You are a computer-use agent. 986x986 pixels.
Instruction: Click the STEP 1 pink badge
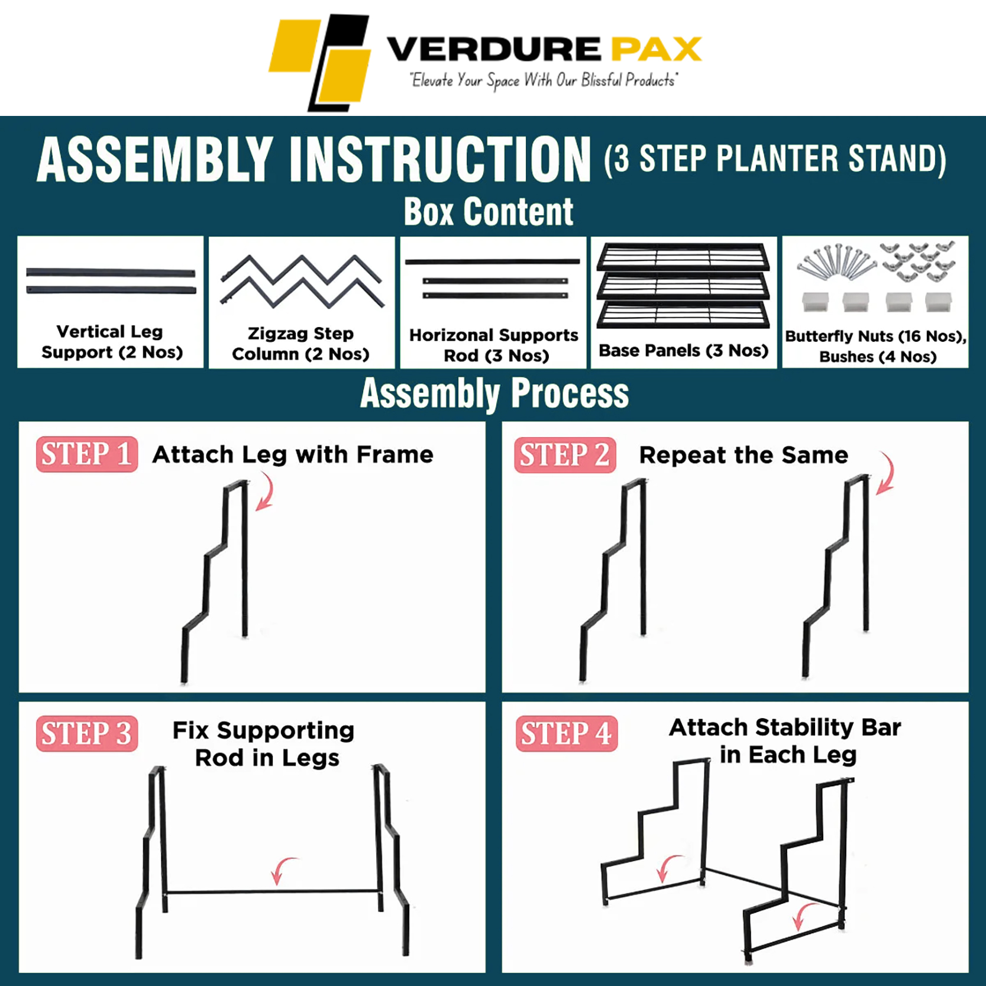(86, 454)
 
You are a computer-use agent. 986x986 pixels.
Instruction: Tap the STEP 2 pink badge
(565, 455)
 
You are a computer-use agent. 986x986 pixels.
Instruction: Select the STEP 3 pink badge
(86, 733)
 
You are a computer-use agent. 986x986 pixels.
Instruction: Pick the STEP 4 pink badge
(566, 733)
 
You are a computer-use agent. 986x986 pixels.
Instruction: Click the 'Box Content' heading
(489, 212)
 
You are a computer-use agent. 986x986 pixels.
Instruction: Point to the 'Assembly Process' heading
(494, 393)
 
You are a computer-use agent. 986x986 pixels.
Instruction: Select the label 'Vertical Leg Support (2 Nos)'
(111, 342)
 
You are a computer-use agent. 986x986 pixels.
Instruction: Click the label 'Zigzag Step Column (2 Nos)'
(300, 344)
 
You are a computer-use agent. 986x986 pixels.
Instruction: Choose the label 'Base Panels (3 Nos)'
(683, 350)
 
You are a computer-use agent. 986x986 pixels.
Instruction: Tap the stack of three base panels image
(683, 285)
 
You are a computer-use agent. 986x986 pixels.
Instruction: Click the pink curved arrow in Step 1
(266, 494)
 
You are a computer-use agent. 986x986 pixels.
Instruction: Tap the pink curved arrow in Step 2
(885, 473)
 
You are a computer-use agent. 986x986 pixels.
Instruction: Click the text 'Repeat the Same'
(743, 455)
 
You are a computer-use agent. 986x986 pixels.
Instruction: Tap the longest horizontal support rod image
(492, 261)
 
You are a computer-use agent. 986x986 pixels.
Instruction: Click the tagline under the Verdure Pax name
(544, 80)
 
